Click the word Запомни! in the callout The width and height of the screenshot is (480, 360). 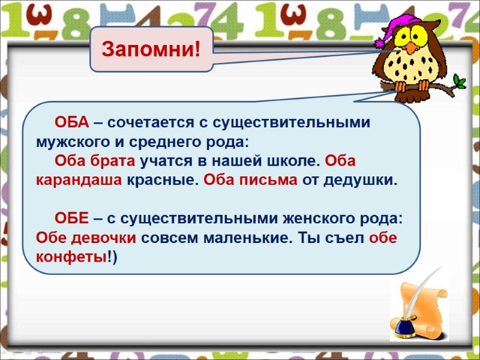tap(151, 49)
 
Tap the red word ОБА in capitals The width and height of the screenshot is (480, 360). tap(72, 123)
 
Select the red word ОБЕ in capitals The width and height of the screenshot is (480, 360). tap(72, 217)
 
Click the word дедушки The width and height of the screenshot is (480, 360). tap(360, 180)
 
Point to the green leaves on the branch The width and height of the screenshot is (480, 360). tap(459, 80)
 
